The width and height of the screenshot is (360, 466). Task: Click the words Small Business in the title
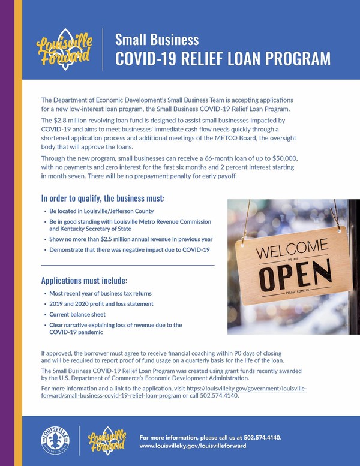pyautogui.click(x=157, y=40)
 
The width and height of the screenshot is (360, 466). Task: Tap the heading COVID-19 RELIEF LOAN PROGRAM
pyautogui.click(x=223, y=58)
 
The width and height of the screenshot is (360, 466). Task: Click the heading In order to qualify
pyautogui.click(x=102, y=198)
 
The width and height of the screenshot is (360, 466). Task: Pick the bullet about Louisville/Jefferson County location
pyautogui.click(x=101, y=211)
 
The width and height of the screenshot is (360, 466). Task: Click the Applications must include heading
pyautogui.click(x=84, y=280)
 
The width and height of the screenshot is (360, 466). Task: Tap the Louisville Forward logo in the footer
pyautogui.click(x=106, y=440)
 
